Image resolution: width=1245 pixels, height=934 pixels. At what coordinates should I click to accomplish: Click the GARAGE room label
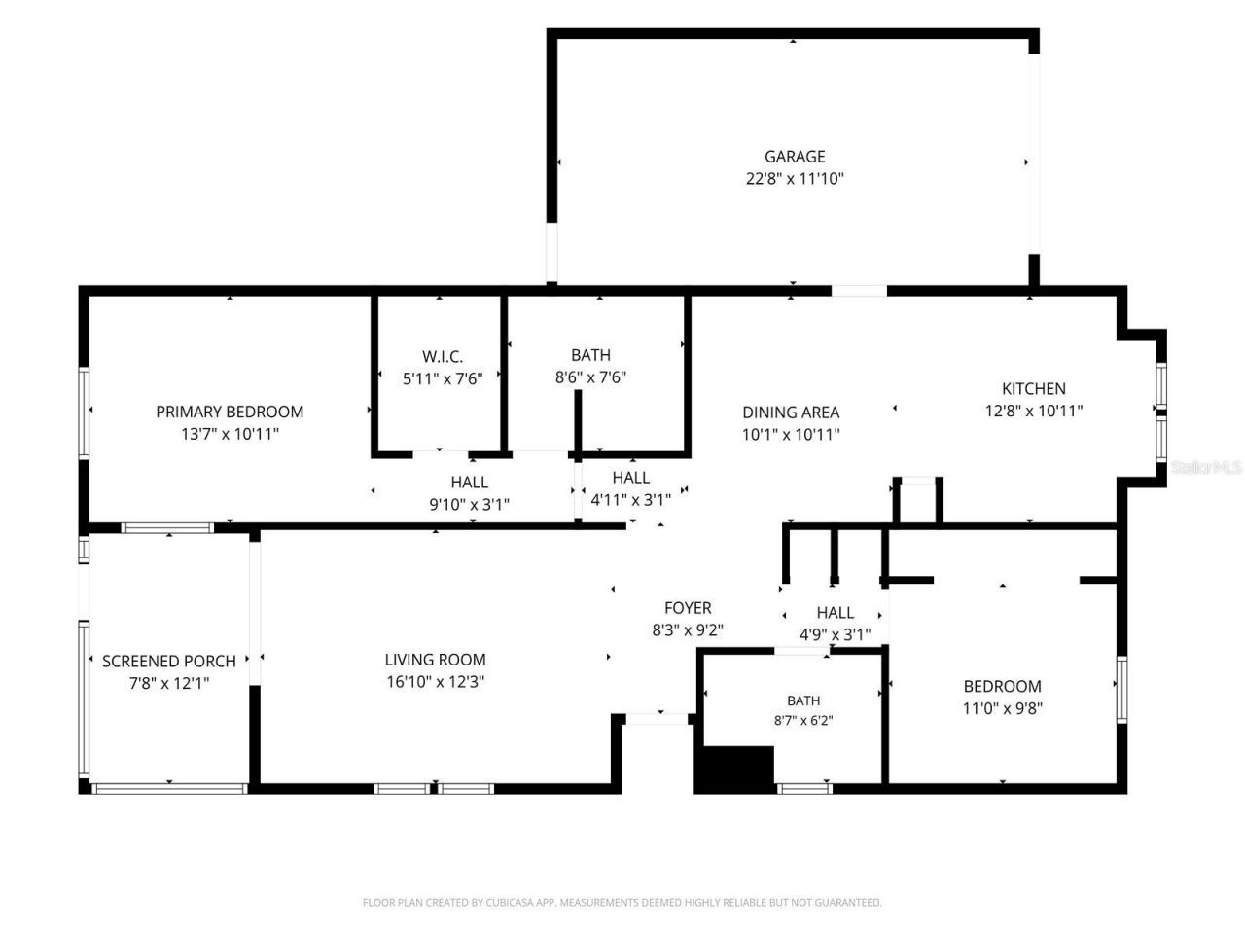(794, 156)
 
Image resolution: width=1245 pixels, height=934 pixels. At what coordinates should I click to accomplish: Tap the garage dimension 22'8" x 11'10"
(794, 179)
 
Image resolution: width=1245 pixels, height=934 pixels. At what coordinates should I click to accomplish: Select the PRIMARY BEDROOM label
(230, 412)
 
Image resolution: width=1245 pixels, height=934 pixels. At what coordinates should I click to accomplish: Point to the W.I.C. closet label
(443, 357)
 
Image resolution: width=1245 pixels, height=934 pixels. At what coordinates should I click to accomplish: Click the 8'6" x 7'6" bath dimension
(590, 377)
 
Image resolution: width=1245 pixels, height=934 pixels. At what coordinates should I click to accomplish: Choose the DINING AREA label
(791, 413)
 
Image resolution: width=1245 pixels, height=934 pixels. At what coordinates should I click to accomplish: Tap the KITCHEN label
(1033, 388)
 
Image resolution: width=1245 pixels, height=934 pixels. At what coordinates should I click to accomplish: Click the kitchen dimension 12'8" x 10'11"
(1033, 411)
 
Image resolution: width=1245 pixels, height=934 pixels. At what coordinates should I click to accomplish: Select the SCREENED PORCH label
(169, 662)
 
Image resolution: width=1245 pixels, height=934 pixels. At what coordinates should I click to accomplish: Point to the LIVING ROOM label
(435, 660)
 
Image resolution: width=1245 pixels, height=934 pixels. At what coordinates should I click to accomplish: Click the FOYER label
(688, 608)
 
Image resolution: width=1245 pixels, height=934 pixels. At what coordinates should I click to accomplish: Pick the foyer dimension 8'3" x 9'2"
(688, 630)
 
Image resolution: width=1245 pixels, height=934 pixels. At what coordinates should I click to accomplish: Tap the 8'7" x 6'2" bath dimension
(803, 720)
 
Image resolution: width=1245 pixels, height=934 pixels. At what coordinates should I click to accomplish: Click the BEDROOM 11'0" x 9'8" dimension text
(1002, 708)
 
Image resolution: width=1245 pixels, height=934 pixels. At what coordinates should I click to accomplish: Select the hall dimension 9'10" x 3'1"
(469, 504)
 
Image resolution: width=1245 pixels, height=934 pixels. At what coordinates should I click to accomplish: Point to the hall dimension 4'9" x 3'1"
(835, 634)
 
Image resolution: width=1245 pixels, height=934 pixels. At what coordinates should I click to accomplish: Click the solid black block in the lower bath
(733, 770)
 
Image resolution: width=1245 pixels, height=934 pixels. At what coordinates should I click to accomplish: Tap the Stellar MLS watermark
(1206, 467)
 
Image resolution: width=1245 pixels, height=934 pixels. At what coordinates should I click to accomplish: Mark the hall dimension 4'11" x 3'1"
(630, 500)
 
